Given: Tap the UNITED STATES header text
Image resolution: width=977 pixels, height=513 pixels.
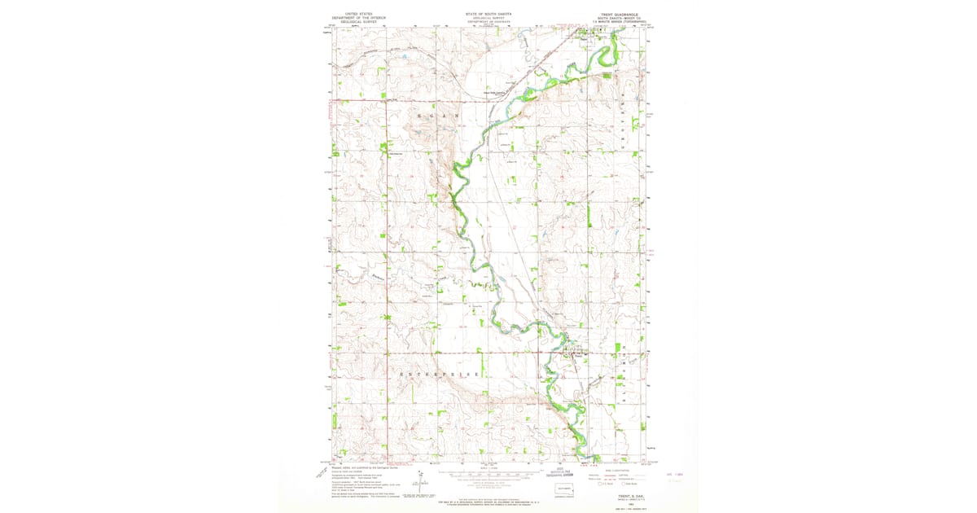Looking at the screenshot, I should pos(356,14).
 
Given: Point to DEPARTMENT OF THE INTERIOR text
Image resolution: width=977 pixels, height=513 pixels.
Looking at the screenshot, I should pos(356,18).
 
